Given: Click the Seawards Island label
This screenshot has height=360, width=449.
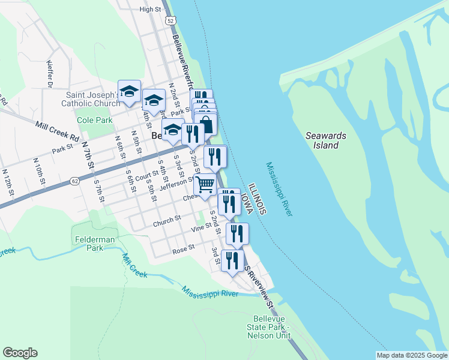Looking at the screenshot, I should coord(326,140).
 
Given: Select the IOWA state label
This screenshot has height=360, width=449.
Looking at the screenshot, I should coord(247,205).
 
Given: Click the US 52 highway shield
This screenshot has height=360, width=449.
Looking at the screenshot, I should coord(172,21).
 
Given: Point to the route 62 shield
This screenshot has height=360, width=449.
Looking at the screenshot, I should coord(74,180).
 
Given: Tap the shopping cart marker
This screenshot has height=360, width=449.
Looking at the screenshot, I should coord(205,185).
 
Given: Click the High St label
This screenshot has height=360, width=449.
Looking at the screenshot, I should coord(150,10).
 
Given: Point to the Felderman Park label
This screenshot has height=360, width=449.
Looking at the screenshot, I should coord(90,243).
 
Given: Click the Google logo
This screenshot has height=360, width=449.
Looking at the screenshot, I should coord(20,353).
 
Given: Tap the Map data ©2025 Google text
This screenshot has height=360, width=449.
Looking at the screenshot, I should coord(412,355).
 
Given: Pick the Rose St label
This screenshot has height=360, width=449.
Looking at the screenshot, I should coord(184,247).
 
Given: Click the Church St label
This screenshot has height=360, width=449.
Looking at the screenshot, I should coord(167,222).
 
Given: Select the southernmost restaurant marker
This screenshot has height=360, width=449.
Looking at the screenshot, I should coord(232,261).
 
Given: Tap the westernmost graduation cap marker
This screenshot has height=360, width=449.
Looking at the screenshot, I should coord(129,91).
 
